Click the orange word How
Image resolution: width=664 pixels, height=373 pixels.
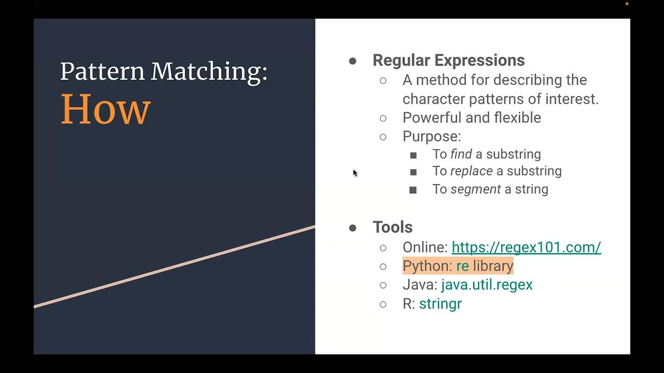(106, 109)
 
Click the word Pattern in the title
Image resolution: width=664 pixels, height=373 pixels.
(102, 71)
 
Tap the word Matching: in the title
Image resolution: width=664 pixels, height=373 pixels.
(209, 72)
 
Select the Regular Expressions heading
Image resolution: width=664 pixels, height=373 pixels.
(448, 60)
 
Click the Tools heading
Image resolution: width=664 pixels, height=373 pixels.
(392, 227)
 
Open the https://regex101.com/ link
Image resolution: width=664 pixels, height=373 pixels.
(526, 247)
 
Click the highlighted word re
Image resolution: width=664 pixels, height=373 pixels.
(462, 266)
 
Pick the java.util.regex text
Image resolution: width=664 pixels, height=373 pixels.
(487, 284)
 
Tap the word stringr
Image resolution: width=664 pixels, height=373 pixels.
(440, 304)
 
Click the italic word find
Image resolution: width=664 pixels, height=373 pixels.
(461, 154)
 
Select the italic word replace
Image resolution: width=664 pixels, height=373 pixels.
(472, 171)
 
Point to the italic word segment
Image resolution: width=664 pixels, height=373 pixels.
(476, 189)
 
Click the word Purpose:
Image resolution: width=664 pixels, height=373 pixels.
(432, 136)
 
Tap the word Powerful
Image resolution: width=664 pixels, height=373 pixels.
(432, 118)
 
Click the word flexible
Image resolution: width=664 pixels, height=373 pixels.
(517, 118)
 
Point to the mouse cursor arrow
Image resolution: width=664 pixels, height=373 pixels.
(355, 173)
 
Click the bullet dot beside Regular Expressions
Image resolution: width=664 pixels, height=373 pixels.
(353, 61)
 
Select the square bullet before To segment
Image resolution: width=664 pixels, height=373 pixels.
(413, 190)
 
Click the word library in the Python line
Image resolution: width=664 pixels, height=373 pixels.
(493, 266)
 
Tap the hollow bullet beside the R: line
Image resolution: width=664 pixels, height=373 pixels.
(383, 304)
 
